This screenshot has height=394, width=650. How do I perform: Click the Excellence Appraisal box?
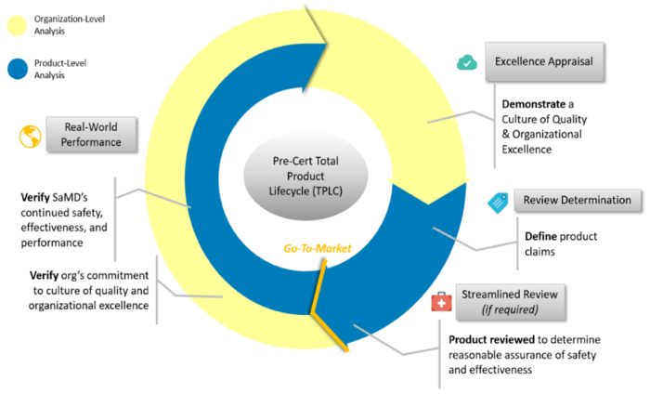(544, 61)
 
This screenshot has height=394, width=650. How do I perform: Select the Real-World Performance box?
(91, 135)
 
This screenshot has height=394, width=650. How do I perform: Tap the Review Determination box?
(577, 201)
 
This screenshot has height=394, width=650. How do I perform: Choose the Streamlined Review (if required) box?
(510, 301)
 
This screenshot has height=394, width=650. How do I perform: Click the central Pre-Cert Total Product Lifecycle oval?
(305, 176)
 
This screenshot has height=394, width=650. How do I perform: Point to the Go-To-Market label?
(318, 248)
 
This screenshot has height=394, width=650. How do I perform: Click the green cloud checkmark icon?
(467, 62)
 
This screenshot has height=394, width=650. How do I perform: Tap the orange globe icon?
(31, 137)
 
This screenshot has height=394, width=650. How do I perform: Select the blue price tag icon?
(498, 203)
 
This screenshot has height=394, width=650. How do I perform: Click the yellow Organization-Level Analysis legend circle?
(17, 25)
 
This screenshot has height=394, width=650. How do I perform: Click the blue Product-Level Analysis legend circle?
(18, 69)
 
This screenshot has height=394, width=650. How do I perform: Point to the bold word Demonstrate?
(534, 104)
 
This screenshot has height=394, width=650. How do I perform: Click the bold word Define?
(540, 236)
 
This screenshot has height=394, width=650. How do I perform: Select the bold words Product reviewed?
(491, 340)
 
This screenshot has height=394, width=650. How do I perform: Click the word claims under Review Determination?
(539, 252)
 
